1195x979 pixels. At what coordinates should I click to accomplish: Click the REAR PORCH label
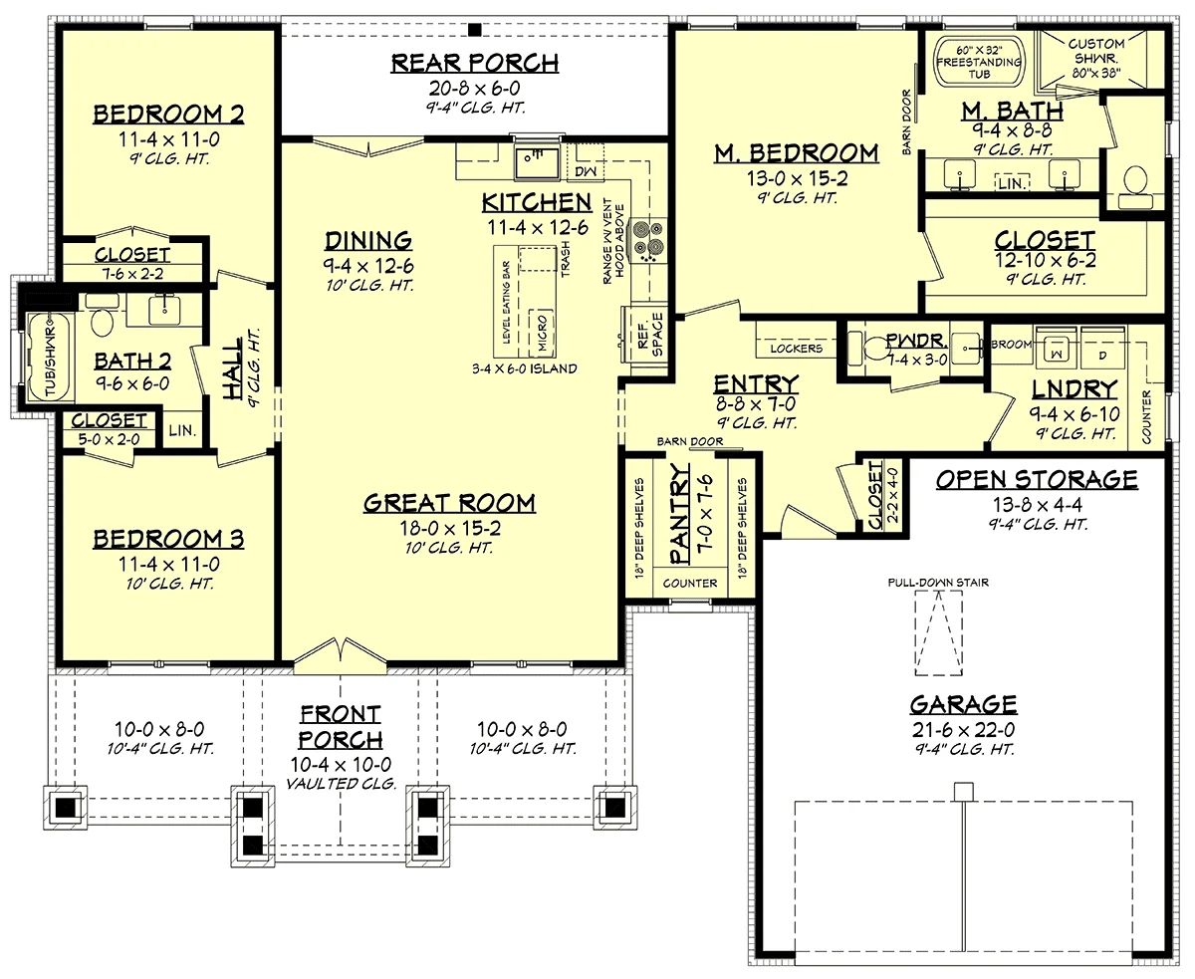(475, 63)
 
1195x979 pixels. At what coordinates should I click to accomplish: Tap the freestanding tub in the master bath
(979, 60)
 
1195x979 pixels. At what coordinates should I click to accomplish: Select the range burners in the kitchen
(647, 240)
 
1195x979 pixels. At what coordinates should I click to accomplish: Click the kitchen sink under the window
(536, 162)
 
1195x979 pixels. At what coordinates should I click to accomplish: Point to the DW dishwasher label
(585, 171)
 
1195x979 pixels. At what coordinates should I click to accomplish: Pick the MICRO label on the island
(542, 333)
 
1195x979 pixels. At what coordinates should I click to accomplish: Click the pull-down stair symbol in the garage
(938, 632)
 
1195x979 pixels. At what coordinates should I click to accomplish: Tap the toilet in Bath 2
(102, 318)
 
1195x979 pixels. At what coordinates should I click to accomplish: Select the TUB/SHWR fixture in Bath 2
(49, 356)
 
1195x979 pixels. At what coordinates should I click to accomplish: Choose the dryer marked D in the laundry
(1101, 348)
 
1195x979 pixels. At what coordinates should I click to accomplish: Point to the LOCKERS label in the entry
(796, 349)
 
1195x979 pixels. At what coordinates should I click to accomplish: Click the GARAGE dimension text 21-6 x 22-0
(963, 730)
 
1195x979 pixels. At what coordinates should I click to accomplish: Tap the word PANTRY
(679, 513)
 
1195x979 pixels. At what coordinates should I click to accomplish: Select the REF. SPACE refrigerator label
(649, 335)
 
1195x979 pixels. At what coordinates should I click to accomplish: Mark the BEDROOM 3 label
(168, 539)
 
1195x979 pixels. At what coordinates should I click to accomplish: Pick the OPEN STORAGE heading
(1037, 479)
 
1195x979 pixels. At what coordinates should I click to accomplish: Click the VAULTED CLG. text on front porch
(341, 784)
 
